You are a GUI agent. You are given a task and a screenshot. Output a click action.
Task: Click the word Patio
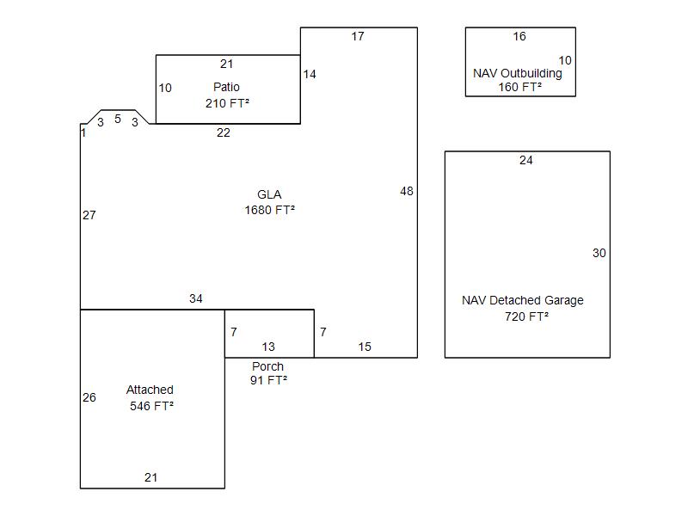[x=226, y=87]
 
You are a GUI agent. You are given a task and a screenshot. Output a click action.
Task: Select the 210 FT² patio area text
[x=227, y=103]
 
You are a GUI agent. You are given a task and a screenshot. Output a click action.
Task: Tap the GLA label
[x=269, y=194]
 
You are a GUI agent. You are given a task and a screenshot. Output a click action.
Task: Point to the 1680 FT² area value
[x=270, y=210]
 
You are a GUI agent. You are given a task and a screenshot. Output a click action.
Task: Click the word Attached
[x=150, y=390]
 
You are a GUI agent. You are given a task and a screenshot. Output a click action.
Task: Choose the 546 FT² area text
[x=152, y=406]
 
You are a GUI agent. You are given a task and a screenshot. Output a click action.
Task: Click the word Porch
[x=267, y=366]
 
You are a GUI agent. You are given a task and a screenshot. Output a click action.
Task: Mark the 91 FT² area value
[x=269, y=380]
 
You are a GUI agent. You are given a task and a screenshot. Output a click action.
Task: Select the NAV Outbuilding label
[x=518, y=73]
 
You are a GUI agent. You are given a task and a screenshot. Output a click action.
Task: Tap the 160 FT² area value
[x=520, y=87]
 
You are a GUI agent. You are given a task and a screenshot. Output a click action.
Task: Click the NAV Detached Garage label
[x=523, y=300]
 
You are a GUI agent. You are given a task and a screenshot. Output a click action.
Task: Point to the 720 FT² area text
[x=526, y=316]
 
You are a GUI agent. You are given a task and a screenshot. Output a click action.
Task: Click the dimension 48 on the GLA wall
[x=407, y=191]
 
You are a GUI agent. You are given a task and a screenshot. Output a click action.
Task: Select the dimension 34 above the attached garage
[x=196, y=298]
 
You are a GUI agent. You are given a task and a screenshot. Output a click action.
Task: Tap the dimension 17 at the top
[x=358, y=36]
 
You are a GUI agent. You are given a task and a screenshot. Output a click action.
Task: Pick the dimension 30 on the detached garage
[x=599, y=253]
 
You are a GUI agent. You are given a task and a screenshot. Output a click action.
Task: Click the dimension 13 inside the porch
[x=268, y=347]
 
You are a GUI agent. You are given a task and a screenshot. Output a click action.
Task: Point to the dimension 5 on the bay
[x=118, y=119]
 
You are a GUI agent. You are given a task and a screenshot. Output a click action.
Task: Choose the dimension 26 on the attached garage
[x=89, y=397]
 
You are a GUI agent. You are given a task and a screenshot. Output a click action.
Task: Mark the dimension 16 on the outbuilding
[x=519, y=36]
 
